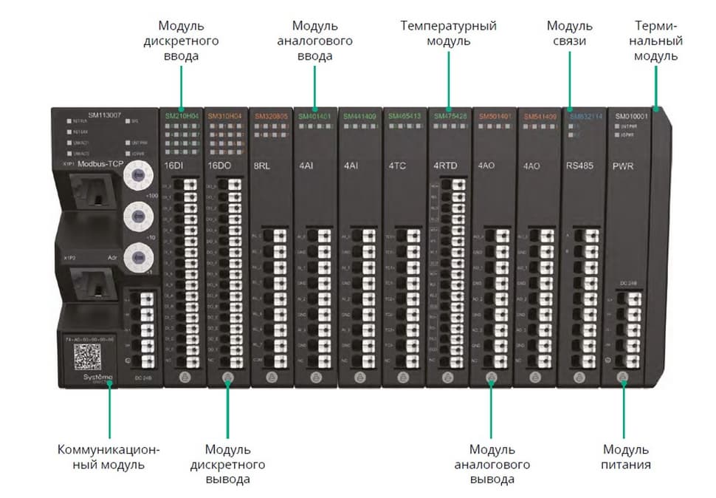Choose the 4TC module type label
[x=397, y=166]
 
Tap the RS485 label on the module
[x=579, y=166]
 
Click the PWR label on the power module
[x=623, y=166]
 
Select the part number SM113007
[x=104, y=116]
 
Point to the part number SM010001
[x=630, y=116]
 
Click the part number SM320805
[x=270, y=116]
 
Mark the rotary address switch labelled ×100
[x=137, y=176]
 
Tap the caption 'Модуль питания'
[x=627, y=457]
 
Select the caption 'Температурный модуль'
[x=449, y=33]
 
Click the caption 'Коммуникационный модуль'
[x=109, y=457]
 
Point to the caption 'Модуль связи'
[x=570, y=33]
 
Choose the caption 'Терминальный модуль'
[x=656, y=41]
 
